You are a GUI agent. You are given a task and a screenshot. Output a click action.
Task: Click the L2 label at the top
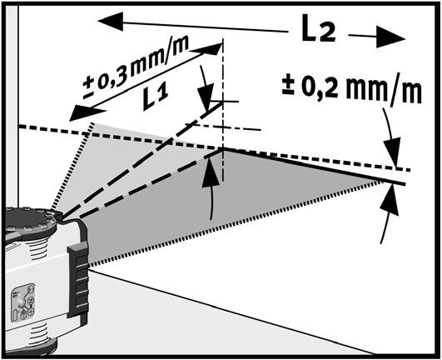coord(318,28)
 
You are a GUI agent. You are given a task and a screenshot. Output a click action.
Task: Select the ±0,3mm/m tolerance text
coord(136,67)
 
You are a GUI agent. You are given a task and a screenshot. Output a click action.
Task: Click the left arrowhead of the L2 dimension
coord(111,22)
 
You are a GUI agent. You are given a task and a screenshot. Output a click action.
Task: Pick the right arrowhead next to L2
coord(390,37)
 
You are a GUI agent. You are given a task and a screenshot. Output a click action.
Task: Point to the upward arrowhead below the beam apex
coord(211,173)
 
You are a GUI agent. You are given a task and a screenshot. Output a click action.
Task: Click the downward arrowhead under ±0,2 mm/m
coord(393,152)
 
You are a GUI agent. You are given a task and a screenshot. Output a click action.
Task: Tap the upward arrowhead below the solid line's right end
coord(390,198)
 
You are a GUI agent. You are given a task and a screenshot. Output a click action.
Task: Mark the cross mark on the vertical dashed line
coord(223,102)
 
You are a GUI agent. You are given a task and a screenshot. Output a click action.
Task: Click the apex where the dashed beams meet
coord(223,148)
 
